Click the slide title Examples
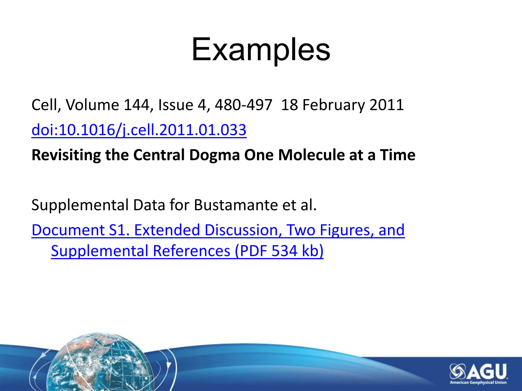tap(261, 50)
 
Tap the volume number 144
tap(136, 105)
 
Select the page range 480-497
tap(243, 105)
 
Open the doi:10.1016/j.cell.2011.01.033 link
tap(139, 130)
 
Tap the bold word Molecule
tap(311, 155)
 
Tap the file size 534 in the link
tap(284, 251)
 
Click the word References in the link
tap(191, 251)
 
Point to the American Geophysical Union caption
tap(478, 383)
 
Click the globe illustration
tap(102, 364)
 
